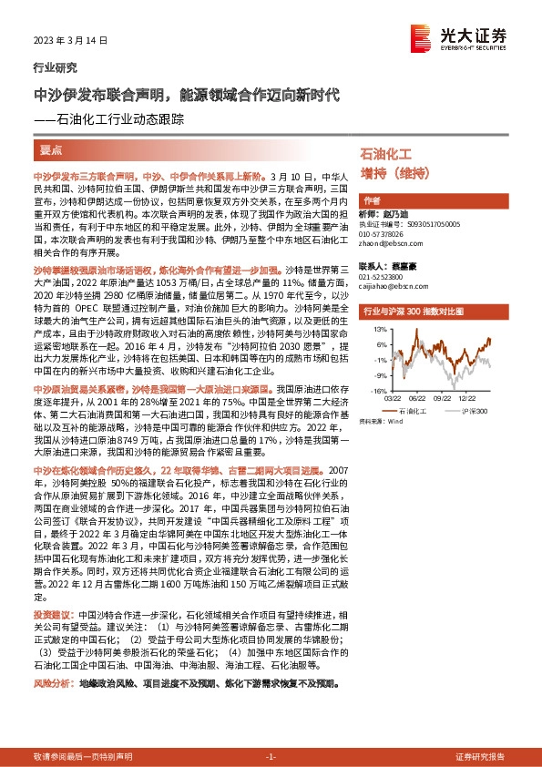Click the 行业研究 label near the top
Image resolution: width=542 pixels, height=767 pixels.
click(x=56, y=67)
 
